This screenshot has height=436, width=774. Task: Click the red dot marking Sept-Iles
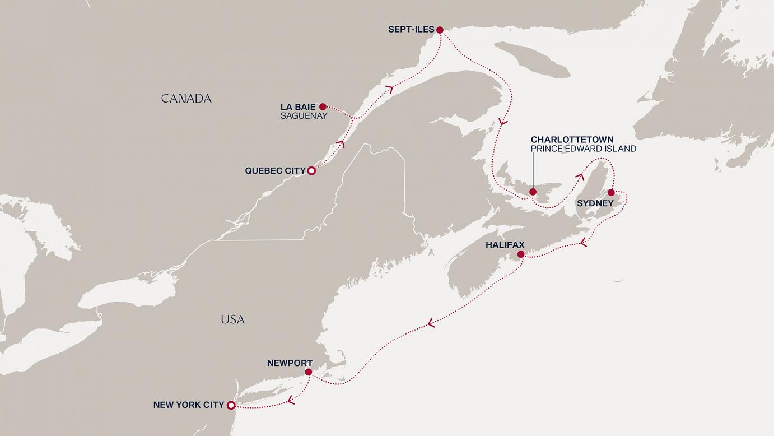[x=440, y=30]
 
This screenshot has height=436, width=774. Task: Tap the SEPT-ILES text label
[x=411, y=30]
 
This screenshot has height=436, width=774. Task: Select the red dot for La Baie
[x=323, y=106]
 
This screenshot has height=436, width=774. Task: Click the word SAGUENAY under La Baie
[x=304, y=116]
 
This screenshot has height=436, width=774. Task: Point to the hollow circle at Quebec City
[x=312, y=171]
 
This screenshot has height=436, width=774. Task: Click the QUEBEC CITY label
[x=275, y=171]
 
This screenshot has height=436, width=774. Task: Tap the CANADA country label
[x=186, y=99]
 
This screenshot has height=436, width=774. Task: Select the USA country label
[x=232, y=319]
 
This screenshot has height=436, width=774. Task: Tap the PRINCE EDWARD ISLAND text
[x=583, y=149]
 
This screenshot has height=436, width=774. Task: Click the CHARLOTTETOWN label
[x=572, y=140]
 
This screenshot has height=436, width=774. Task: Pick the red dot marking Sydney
[x=611, y=193]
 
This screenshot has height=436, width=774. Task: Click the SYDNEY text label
[x=595, y=203]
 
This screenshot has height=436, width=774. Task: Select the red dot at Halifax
[x=521, y=254]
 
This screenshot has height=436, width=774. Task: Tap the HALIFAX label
[x=505, y=245]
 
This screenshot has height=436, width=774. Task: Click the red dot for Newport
[x=308, y=372]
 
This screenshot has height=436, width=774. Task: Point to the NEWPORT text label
[x=290, y=363]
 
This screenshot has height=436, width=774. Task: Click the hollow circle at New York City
[x=231, y=405]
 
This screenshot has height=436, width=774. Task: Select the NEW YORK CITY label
[x=188, y=405]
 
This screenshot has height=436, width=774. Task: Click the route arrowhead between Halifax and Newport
[x=431, y=323]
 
